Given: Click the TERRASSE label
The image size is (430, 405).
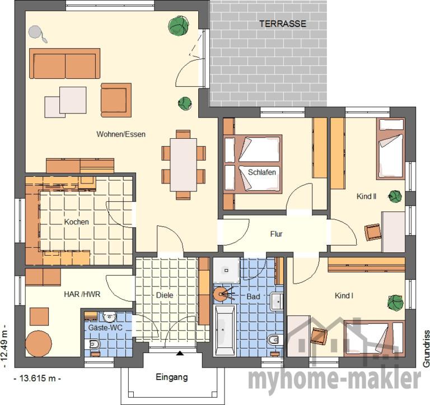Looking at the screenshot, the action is pos(283,24).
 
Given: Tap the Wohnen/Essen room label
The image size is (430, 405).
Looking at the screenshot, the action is pos(121,134).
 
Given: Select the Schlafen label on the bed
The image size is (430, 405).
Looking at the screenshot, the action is pos(262,172).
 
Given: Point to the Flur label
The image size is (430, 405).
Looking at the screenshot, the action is pos(276,234).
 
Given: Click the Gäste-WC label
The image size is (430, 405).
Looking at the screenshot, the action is pos(105,327).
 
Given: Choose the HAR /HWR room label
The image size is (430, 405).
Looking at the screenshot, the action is pos(82,294).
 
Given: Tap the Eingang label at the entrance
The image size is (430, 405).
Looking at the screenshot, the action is pos(172,378).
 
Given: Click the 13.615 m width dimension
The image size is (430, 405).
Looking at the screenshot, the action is pos(38,378).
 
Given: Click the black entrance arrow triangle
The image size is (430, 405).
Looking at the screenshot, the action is pos(180,353).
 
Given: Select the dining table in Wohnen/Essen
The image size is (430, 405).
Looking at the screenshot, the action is pos(184,164).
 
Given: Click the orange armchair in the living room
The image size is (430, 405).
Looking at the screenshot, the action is pos(116,100).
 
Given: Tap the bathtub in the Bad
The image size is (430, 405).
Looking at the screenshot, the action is pos(225,331).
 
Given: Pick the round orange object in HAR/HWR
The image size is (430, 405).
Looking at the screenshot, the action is pos(39,344).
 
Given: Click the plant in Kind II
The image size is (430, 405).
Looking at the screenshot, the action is pos(395,196).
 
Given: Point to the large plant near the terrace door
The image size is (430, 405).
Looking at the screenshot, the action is pos(179,26).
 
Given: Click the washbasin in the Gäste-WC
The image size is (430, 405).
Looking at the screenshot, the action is pos(109,317).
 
